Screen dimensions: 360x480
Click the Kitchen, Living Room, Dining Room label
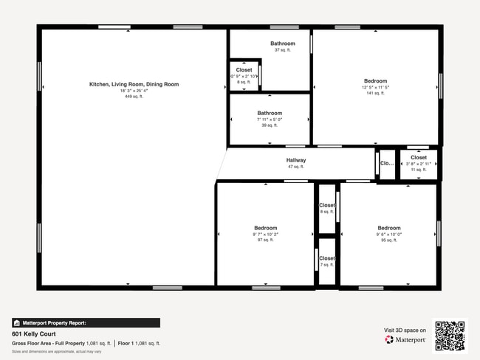[134, 84]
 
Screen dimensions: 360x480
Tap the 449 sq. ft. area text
[134, 97]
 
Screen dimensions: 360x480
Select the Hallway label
[296, 160]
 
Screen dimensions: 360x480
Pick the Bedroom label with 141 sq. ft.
[375, 81]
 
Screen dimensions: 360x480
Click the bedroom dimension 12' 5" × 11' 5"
[375, 88]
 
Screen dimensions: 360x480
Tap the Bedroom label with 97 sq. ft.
[266, 228]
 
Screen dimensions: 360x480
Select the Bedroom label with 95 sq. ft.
[389, 228]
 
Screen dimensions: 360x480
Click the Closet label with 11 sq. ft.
[419, 157]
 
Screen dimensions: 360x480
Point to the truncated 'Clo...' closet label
[387, 164]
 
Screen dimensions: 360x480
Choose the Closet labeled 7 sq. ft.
[327, 259]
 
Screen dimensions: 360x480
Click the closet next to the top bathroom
[244, 70]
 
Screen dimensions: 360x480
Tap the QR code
[450, 336]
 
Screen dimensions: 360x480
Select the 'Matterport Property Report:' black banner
[86, 322]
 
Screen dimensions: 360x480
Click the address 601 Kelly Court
[34, 333]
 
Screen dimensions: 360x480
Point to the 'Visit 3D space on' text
[405, 330]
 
